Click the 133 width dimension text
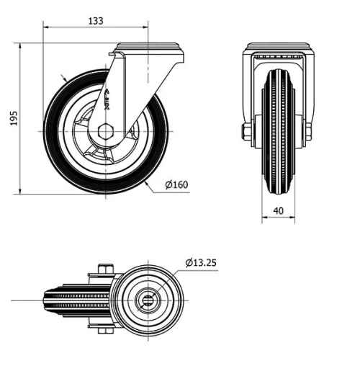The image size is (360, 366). [x=95, y=21]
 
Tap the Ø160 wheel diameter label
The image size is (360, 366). [x=176, y=185]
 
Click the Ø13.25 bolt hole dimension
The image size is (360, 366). [x=200, y=262]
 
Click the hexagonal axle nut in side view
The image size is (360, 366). [x=107, y=132]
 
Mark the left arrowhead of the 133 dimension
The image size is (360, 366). [x=47, y=28]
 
